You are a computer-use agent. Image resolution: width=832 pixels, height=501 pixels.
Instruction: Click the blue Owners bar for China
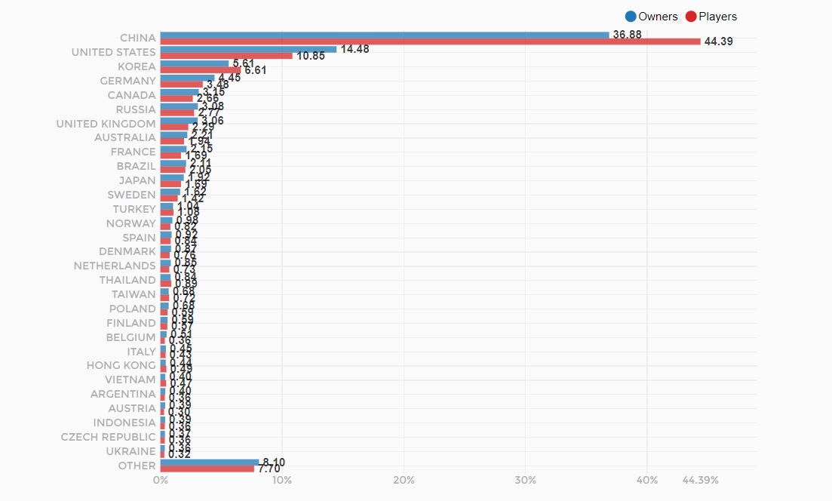[x=385, y=35]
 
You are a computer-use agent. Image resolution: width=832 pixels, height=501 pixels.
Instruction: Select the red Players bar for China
[x=430, y=41]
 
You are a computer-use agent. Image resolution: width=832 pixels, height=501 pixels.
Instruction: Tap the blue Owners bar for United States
[x=248, y=49]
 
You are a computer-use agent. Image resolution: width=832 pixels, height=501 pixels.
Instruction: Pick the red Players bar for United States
[x=226, y=56]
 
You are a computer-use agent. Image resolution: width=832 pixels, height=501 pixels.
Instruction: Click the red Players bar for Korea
[x=201, y=70]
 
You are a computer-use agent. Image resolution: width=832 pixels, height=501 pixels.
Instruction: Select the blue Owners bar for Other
[x=209, y=462]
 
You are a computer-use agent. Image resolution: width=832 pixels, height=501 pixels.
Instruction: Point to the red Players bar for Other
[x=207, y=469]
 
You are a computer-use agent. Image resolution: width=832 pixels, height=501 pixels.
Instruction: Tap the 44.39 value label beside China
[x=718, y=41]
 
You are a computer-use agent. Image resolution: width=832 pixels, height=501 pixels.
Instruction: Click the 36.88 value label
[x=627, y=35]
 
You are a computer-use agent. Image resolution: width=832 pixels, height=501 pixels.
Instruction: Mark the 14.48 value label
[x=355, y=49]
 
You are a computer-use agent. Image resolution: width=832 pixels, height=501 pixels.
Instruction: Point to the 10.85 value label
[x=310, y=56]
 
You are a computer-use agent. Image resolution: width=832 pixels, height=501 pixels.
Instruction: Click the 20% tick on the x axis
[x=404, y=480]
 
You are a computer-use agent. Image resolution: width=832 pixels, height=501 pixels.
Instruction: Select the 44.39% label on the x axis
[x=700, y=480]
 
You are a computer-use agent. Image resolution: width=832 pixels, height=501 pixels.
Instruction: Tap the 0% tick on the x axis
[x=161, y=480]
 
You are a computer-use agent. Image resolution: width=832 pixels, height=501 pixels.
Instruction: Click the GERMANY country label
[x=127, y=81]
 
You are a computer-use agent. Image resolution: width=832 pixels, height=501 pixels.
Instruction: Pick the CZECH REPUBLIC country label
[x=108, y=437]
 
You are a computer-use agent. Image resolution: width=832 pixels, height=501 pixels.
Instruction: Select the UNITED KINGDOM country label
[x=106, y=124]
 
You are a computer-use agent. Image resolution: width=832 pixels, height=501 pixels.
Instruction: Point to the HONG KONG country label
[x=121, y=365]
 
